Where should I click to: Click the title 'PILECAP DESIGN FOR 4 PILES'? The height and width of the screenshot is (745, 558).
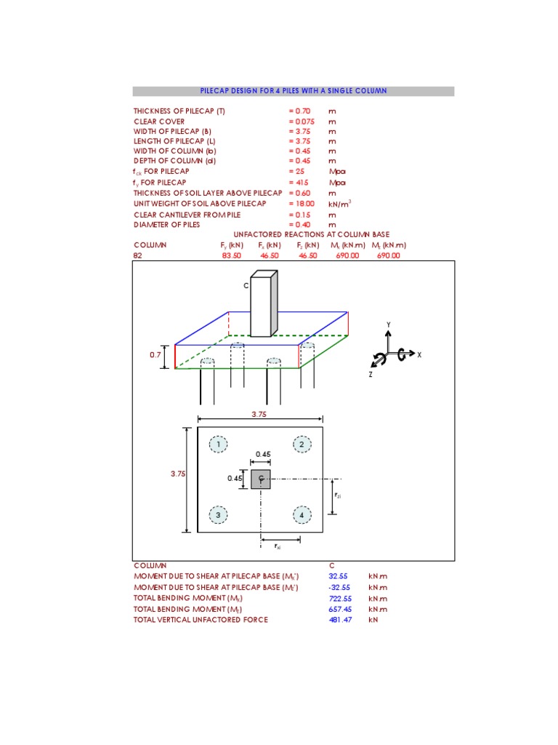293,91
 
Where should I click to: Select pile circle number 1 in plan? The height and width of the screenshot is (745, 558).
218,444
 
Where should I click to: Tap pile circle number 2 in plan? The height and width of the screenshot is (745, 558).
302,444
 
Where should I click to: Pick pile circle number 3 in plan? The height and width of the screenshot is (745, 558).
218,515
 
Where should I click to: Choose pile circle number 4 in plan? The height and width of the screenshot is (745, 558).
302,515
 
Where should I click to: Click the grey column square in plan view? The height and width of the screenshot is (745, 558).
261,479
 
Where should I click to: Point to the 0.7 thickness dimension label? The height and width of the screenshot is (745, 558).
155,355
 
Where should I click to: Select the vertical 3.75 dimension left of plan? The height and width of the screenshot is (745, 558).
178,473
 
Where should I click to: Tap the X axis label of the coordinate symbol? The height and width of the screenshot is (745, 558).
419,354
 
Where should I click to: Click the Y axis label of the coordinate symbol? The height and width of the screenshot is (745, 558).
388,324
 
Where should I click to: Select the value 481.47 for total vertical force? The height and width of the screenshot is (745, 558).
340,619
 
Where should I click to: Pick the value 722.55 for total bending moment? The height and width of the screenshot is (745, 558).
340,598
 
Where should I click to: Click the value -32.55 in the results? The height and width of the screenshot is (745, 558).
339,587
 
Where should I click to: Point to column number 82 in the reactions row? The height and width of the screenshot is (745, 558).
138,256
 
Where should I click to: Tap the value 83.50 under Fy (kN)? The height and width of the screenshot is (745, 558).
231,256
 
